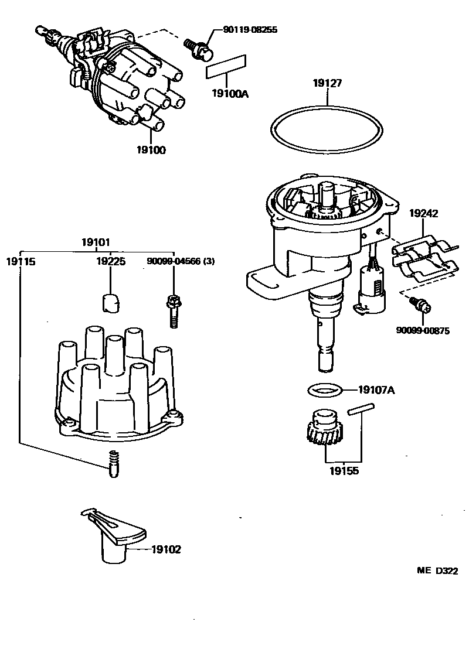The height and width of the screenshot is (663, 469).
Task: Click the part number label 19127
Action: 327,84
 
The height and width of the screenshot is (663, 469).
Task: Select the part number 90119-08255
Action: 250,29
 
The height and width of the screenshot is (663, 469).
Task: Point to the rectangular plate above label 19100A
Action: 226,67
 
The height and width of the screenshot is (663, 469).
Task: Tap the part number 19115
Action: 21,262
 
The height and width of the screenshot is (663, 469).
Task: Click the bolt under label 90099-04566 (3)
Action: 173,310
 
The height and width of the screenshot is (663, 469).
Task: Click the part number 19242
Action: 423,214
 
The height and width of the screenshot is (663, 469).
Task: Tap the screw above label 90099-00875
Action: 420,303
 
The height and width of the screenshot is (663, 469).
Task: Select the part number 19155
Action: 344,470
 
